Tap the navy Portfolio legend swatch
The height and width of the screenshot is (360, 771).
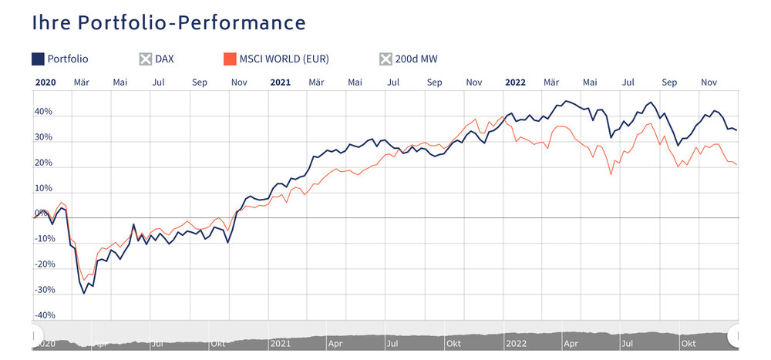pyautogui.click(x=38, y=59)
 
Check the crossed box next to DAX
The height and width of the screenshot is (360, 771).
pyautogui.click(x=145, y=59)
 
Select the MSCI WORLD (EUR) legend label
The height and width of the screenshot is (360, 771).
pyautogui.click(x=284, y=59)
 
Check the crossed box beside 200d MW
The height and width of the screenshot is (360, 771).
pyautogui.click(x=385, y=59)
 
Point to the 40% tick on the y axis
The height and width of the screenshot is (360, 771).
pyautogui.click(x=43, y=112)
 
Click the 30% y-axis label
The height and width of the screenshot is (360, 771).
pyautogui.click(x=43, y=137)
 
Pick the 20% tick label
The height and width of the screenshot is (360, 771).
pyautogui.click(x=43, y=163)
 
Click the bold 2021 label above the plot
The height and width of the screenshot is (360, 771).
pyautogui.click(x=280, y=81)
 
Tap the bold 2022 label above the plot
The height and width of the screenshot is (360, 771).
pyautogui.click(x=514, y=81)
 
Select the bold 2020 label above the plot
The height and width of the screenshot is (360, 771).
pyautogui.click(x=45, y=81)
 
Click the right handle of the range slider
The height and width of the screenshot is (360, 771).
pyautogui.click(x=737, y=335)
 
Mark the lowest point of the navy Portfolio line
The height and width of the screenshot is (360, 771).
pyautogui.click(x=84, y=294)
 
